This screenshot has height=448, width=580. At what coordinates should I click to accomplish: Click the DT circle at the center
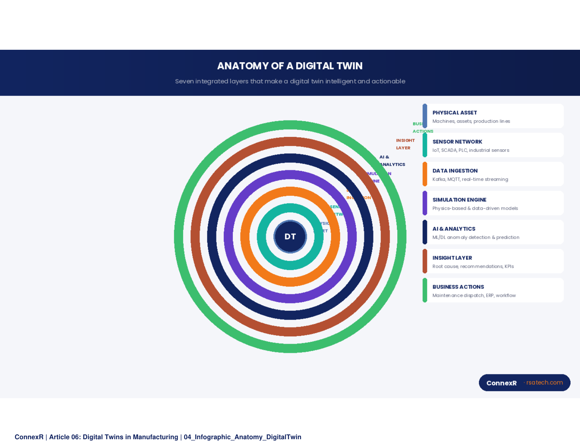(x=290, y=236)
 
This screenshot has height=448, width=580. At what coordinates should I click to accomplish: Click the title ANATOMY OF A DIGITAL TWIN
(x=290, y=66)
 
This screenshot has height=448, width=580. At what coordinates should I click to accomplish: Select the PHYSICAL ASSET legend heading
(x=454, y=113)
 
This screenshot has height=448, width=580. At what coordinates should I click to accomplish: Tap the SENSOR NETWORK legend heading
(x=457, y=142)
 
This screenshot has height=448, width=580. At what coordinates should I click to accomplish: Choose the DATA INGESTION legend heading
(x=455, y=171)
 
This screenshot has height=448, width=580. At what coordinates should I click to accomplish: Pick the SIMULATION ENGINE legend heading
(x=459, y=200)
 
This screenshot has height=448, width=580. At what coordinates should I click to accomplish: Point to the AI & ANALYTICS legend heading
(x=454, y=229)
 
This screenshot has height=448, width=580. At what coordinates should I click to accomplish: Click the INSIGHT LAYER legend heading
(x=452, y=258)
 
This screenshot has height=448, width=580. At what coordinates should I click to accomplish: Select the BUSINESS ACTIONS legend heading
(x=458, y=287)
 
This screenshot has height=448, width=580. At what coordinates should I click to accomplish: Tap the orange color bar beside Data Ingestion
(x=425, y=174)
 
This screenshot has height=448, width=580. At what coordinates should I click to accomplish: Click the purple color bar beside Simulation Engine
(x=425, y=203)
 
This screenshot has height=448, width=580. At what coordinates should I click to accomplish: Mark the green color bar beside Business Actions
(x=425, y=290)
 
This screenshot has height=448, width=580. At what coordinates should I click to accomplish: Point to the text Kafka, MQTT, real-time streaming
(x=470, y=179)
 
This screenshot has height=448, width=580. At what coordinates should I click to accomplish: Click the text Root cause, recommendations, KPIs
(x=473, y=266)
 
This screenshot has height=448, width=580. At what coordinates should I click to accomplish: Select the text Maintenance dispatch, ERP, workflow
(x=474, y=295)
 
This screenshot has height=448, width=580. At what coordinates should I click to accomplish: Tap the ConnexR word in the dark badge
(x=501, y=383)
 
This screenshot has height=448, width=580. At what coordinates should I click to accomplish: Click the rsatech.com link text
(x=544, y=382)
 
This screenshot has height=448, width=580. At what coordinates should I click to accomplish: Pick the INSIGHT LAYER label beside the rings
(x=405, y=144)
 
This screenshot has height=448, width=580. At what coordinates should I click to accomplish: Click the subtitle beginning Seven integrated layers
(x=290, y=81)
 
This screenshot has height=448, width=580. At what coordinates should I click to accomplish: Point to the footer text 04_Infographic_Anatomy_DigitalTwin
(x=242, y=437)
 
